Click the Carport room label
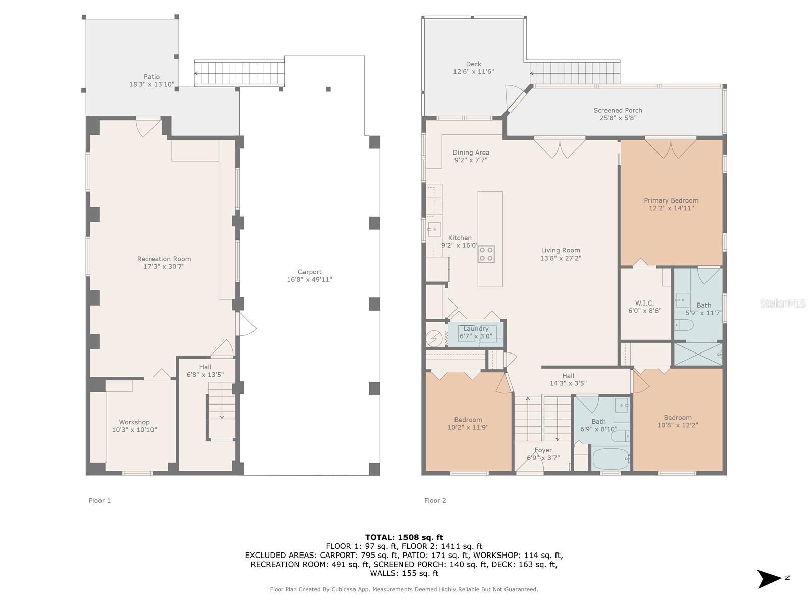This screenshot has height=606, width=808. [x=310, y=272]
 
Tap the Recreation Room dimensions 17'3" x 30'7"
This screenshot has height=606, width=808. [x=164, y=266]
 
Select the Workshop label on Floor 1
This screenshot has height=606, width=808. [x=134, y=422]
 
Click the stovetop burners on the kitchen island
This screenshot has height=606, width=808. [x=486, y=254]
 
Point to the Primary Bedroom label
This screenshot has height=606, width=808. [x=671, y=200]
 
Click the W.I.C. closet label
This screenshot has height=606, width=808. [x=644, y=303]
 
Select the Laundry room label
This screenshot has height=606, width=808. [x=476, y=329]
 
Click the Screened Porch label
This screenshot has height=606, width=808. [x=618, y=110]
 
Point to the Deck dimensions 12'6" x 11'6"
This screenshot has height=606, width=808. [x=473, y=72]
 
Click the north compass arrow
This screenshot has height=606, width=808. [x=769, y=578]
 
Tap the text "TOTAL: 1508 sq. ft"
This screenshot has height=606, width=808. [x=404, y=537]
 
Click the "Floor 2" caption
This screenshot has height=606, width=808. [x=435, y=500]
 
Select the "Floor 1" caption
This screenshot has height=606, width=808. [x=99, y=500]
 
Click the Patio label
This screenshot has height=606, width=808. [x=151, y=77]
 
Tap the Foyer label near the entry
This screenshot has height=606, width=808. [x=543, y=450]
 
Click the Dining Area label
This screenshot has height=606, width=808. [x=471, y=153]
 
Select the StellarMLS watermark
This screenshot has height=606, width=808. [x=782, y=304]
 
